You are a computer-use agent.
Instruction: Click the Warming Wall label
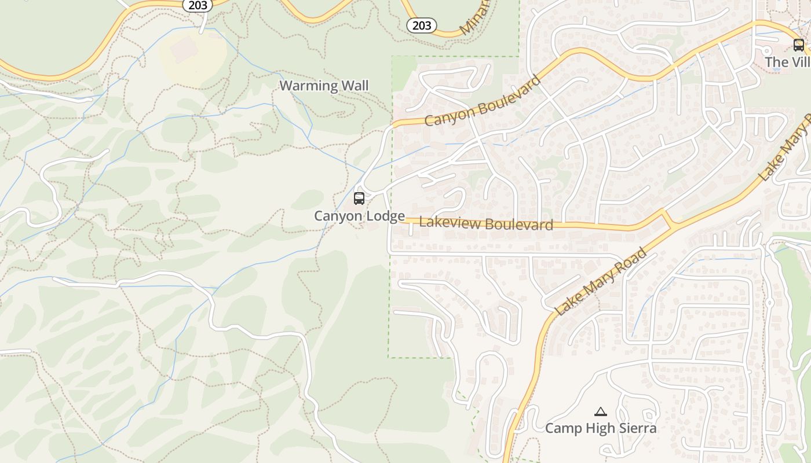pyautogui.click(x=324, y=86)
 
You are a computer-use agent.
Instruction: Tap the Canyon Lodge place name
pyautogui.click(x=359, y=216)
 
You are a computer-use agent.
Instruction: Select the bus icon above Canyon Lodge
pyautogui.click(x=359, y=199)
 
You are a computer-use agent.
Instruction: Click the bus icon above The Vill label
pyautogui.click(x=798, y=45)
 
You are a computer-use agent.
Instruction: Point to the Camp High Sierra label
pyautogui.click(x=601, y=428)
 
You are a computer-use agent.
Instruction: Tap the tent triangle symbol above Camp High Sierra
pyautogui.click(x=601, y=412)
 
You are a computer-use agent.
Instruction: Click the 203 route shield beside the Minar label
pyautogui.click(x=421, y=25)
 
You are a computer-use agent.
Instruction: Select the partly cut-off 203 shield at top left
pyautogui.click(x=198, y=5)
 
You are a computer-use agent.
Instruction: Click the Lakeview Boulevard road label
pyautogui.click(x=485, y=223)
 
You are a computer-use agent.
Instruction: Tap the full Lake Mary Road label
pyautogui.click(x=601, y=282)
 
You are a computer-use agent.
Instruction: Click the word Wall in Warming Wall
pyautogui.click(x=355, y=86)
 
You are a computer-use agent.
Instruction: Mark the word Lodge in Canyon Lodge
pyautogui.click(x=385, y=216)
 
